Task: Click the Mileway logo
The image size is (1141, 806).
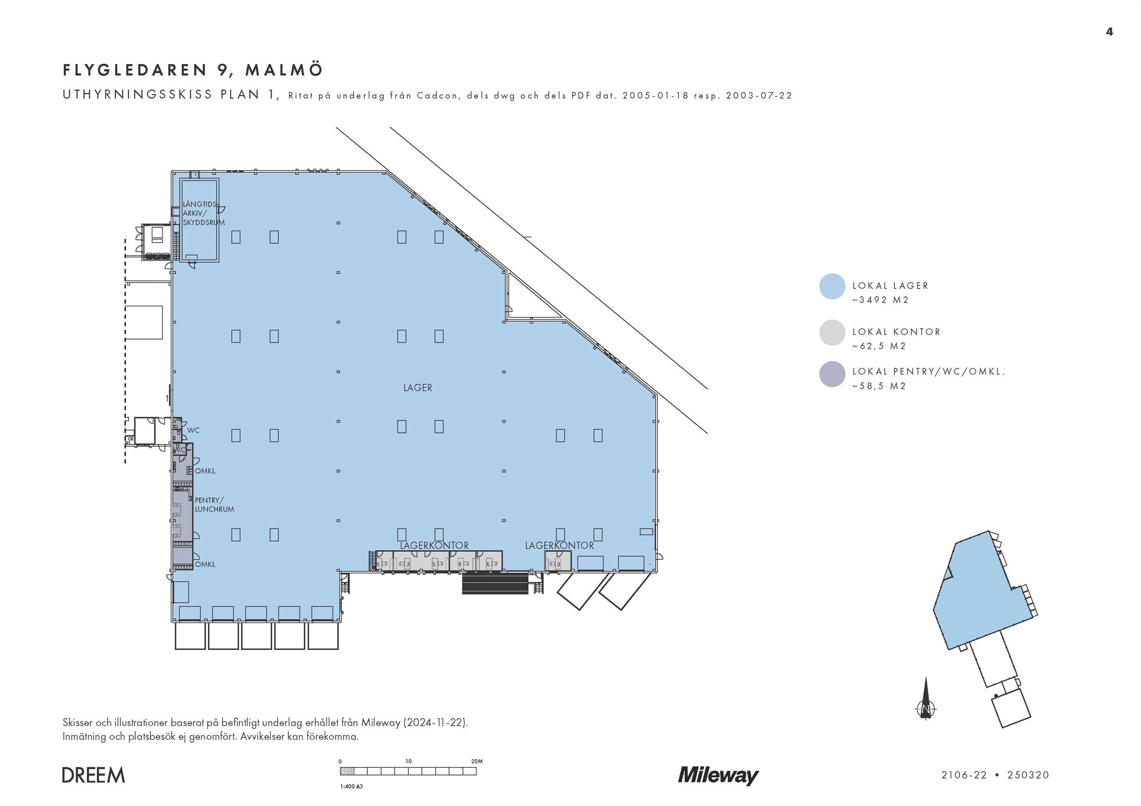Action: pyautogui.click(x=718, y=775)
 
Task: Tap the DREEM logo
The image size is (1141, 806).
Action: pyautogui.click(x=94, y=775)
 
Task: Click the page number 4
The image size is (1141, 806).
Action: pyautogui.click(x=1109, y=32)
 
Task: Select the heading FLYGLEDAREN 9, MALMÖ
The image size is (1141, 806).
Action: pyautogui.click(x=193, y=70)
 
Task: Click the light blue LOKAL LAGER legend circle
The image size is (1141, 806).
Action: pyautogui.click(x=832, y=286)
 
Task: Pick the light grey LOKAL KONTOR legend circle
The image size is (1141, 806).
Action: pyautogui.click(x=832, y=333)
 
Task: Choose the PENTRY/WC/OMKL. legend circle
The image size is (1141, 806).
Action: pyautogui.click(x=832, y=374)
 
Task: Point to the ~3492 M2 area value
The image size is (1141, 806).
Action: pyautogui.click(x=880, y=300)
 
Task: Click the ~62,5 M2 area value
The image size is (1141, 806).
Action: pyautogui.click(x=879, y=346)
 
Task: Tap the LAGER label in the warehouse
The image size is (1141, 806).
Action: pyautogui.click(x=418, y=388)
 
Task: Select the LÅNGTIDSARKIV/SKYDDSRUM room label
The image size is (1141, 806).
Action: pyautogui.click(x=203, y=213)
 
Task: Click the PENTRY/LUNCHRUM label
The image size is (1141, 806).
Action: pyautogui.click(x=214, y=505)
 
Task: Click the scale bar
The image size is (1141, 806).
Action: pyautogui.click(x=408, y=771)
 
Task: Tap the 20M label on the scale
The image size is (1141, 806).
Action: pyautogui.click(x=477, y=761)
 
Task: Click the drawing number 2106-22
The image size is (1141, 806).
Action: pyautogui.click(x=964, y=775)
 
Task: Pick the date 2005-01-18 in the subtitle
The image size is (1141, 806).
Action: pyautogui.click(x=656, y=95)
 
